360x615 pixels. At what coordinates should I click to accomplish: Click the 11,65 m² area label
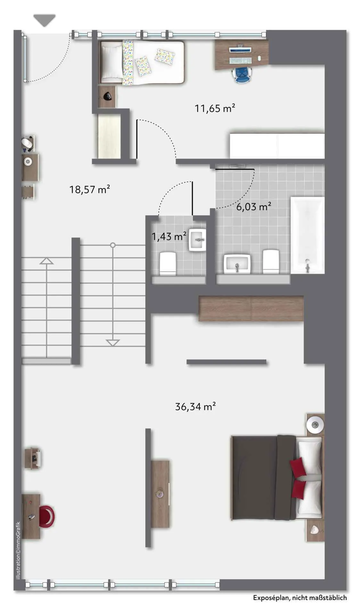click(x=215, y=108)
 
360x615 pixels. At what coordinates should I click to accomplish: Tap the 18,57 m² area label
click(x=90, y=189)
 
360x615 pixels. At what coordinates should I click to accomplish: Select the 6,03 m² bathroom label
click(x=254, y=207)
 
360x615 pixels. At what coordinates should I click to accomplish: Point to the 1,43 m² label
click(x=169, y=237)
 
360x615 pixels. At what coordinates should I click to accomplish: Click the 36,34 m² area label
click(x=195, y=406)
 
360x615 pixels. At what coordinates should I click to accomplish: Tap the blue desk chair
click(x=243, y=75)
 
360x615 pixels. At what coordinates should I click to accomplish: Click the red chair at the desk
click(x=47, y=516)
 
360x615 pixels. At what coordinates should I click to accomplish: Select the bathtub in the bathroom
click(x=307, y=235)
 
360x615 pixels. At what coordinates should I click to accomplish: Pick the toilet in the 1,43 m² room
click(x=168, y=264)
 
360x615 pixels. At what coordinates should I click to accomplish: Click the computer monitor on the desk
click(x=240, y=49)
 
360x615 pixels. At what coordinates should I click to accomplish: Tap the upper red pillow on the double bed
click(x=298, y=466)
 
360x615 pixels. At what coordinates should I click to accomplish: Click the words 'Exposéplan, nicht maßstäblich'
click(x=300, y=598)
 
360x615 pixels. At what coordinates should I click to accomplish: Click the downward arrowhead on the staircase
click(x=113, y=343)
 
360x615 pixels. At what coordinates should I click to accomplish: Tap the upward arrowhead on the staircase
click(x=46, y=261)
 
